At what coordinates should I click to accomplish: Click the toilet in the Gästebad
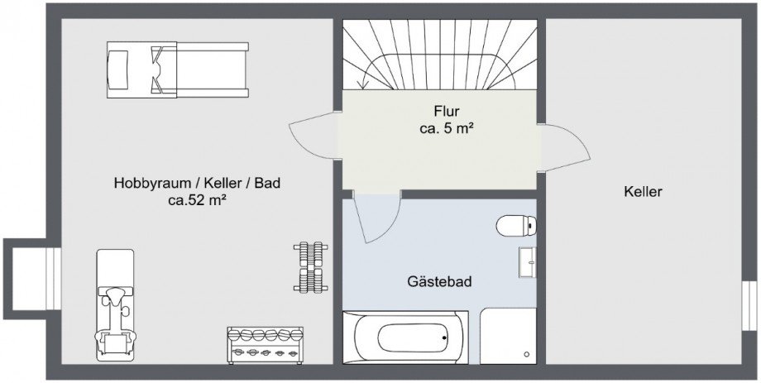[516, 226]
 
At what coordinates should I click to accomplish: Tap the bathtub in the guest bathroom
[405, 338]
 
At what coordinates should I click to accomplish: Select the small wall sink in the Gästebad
[528, 262]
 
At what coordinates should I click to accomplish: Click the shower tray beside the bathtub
[508, 336]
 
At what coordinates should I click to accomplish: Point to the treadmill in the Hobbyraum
[178, 70]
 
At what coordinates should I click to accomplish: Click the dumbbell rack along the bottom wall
[265, 345]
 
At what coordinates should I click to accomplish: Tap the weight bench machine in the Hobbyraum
[115, 305]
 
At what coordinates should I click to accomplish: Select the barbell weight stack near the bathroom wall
[311, 267]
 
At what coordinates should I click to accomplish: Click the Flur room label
[447, 111]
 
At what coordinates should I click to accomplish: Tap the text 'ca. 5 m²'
[447, 129]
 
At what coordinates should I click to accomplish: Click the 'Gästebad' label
[440, 281]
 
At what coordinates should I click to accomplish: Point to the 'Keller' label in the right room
[643, 192]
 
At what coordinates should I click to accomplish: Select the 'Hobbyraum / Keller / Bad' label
[197, 183]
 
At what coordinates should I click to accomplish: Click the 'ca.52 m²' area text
[198, 200]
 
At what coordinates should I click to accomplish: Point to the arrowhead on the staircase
[362, 84]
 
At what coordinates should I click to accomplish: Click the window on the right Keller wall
[749, 306]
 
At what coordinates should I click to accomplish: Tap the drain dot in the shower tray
[527, 354]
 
